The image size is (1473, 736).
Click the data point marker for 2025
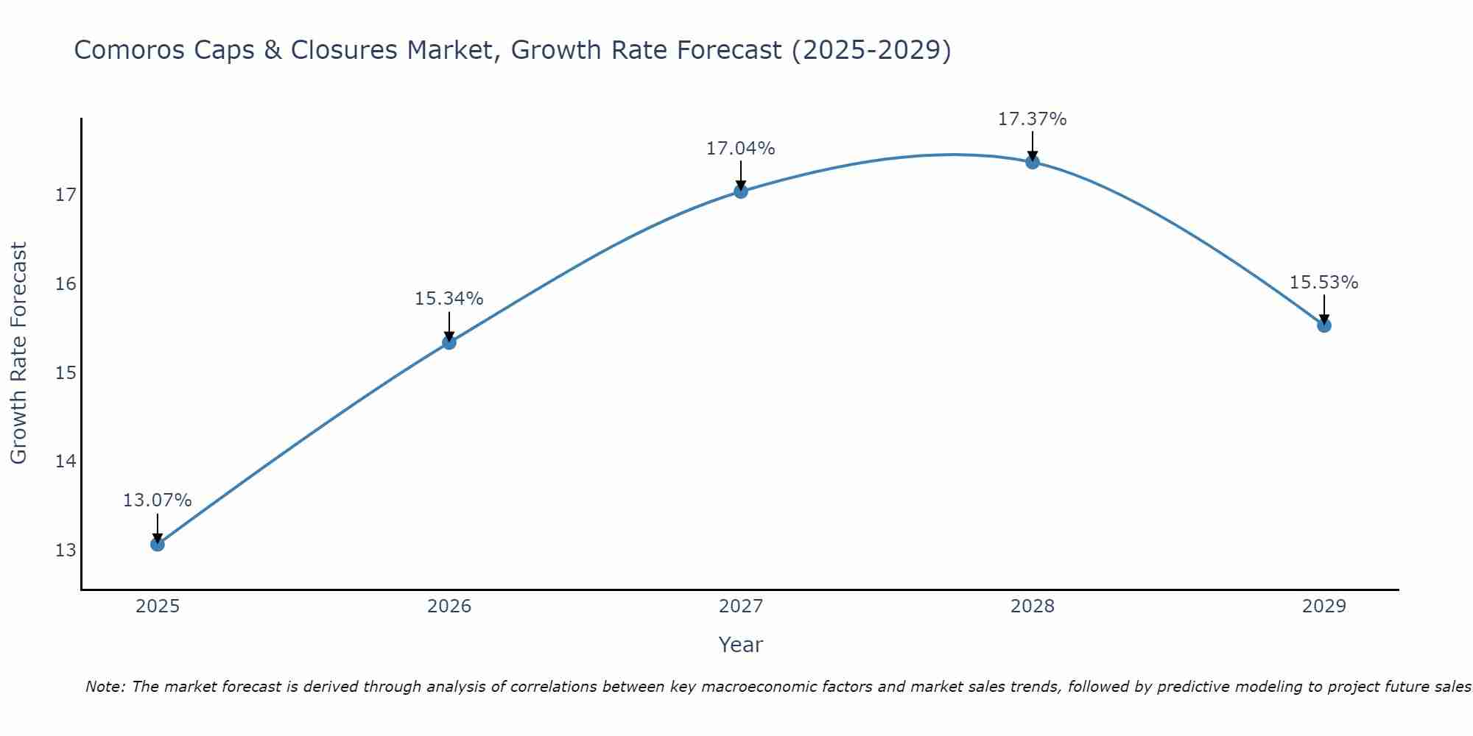pyautogui.click(x=157, y=544)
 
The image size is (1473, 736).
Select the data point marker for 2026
pyautogui.click(x=449, y=342)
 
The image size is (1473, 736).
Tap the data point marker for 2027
pyautogui.click(x=741, y=191)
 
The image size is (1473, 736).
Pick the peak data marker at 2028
pyautogui.click(x=1033, y=162)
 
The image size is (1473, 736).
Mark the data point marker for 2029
pyautogui.click(x=1324, y=325)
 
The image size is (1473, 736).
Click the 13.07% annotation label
pyautogui.click(x=157, y=500)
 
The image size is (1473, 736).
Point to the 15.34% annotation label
pyautogui.click(x=449, y=299)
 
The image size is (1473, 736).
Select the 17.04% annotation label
pyautogui.click(x=740, y=149)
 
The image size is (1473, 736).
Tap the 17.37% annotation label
pyautogui.click(x=1032, y=119)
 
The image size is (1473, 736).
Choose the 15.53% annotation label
pyautogui.click(x=1323, y=283)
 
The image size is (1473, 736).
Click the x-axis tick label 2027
pyautogui.click(x=741, y=606)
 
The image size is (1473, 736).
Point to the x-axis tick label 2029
pyautogui.click(x=1324, y=606)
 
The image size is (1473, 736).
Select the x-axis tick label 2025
pyautogui.click(x=158, y=606)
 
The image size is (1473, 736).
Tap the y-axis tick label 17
pyautogui.click(x=66, y=195)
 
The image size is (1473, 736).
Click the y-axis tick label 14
pyautogui.click(x=66, y=461)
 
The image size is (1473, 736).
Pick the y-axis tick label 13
pyautogui.click(x=66, y=551)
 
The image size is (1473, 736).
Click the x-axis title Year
pyautogui.click(x=740, y=645)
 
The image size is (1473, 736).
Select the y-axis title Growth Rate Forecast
pyautogui.click(x=18, y=353)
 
